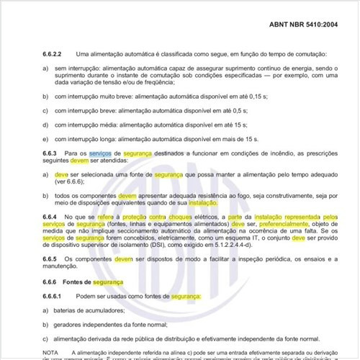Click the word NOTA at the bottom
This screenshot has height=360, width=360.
(x=51, y=351)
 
